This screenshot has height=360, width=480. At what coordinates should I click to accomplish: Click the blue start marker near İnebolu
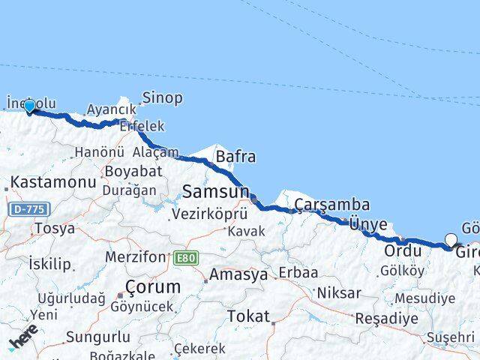coord(30,106)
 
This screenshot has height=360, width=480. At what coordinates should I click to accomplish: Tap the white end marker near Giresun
coord(451,240)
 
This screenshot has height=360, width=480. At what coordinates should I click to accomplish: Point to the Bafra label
coord(235,157)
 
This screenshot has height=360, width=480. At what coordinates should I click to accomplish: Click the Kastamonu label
coord(52,182)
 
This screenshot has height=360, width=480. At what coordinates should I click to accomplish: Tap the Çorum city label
coord(153,287)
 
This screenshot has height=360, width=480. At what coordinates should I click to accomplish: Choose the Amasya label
coord(238,274)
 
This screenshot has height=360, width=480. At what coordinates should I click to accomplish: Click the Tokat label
coord(248,316)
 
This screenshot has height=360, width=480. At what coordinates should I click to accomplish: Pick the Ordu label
coord(403,250)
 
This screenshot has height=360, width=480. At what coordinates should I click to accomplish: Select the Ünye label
coord(368,224)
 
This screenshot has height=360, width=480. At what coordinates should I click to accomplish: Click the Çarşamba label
coord(331,204)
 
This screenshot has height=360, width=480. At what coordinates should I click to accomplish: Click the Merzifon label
coord(133,257)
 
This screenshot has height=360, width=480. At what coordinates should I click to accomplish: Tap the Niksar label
coord(338,292)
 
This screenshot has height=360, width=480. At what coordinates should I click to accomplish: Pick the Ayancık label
coord(111,109)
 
